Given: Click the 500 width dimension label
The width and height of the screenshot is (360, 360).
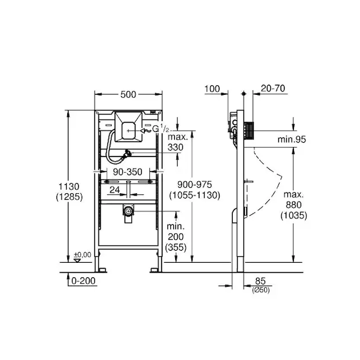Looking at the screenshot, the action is coord(128,94).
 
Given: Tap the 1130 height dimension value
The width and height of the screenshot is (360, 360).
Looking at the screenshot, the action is coord(69,187).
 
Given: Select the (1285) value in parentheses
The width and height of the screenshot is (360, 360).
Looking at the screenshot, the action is coord(69,197).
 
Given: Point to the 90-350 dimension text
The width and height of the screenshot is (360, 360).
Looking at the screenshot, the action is coord(128,172).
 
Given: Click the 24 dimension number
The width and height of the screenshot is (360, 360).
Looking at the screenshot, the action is coord(115,190).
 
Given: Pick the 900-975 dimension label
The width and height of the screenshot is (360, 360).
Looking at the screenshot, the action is coord(194,184).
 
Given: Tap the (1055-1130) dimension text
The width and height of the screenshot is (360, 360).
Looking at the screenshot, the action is coord(194,195).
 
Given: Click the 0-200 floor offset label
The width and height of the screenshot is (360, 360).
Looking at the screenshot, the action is coord(83,281).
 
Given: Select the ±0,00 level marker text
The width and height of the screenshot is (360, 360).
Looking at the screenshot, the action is coord(82,254).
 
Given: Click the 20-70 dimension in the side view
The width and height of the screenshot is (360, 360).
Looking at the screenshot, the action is coord(273,88).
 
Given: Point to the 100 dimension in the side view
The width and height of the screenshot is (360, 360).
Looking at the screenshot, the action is coord(212,89).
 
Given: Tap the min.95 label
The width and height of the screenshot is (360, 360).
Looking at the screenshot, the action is coord(292,139).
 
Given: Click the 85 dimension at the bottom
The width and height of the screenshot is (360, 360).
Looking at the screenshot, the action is coord(260,281).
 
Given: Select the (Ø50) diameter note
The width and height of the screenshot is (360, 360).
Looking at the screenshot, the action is coord(261,290).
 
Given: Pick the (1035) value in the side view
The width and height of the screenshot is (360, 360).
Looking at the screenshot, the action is coord(293,215).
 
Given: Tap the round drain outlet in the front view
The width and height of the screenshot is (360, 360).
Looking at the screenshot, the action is coord(128,211).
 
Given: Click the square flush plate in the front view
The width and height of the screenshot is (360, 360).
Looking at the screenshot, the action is coord(128,127).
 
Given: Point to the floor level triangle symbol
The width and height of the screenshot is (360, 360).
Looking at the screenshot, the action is coord(77,260).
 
